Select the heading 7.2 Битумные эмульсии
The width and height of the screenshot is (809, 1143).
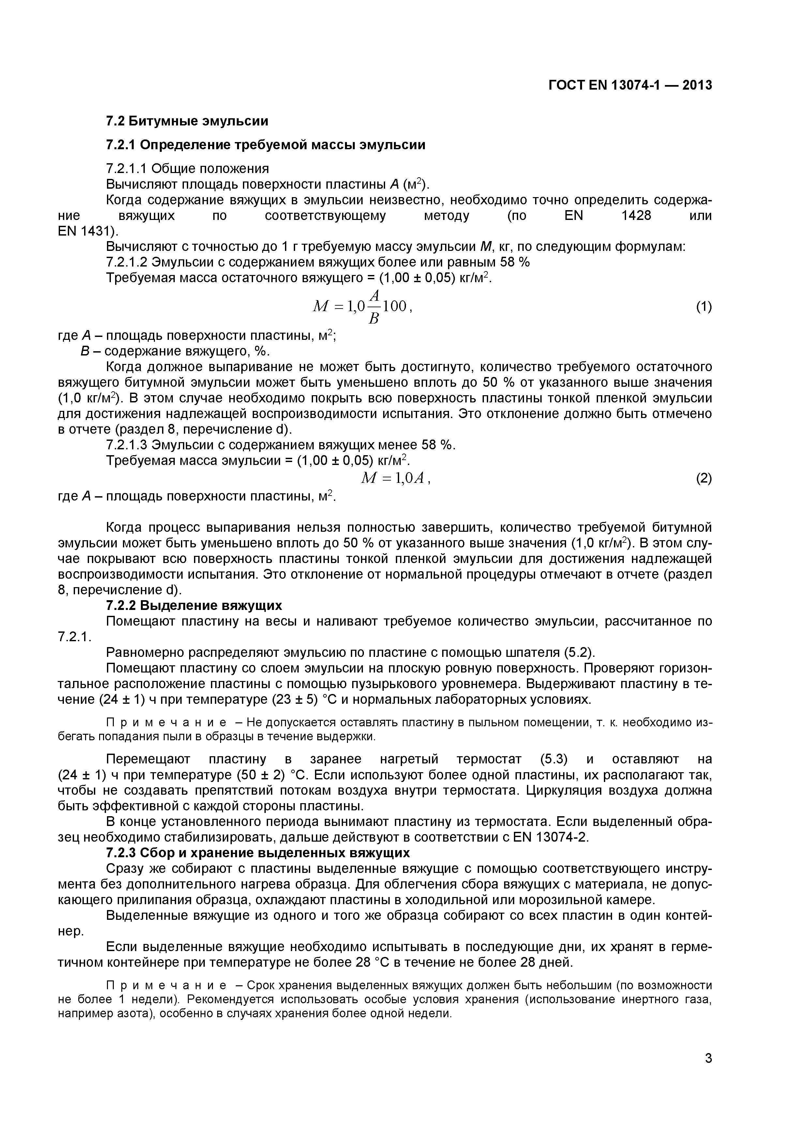[x=187, y=121]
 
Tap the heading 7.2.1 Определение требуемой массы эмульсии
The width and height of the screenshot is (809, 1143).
[x=266, y=145]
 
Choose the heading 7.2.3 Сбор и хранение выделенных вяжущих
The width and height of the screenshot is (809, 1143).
[x=258, y=853]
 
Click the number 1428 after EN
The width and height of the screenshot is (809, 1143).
[x=636, y=216]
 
